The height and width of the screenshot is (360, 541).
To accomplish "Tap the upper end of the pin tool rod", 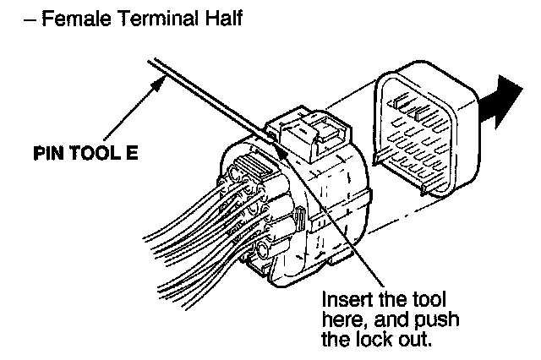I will click(x=152, y=62).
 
